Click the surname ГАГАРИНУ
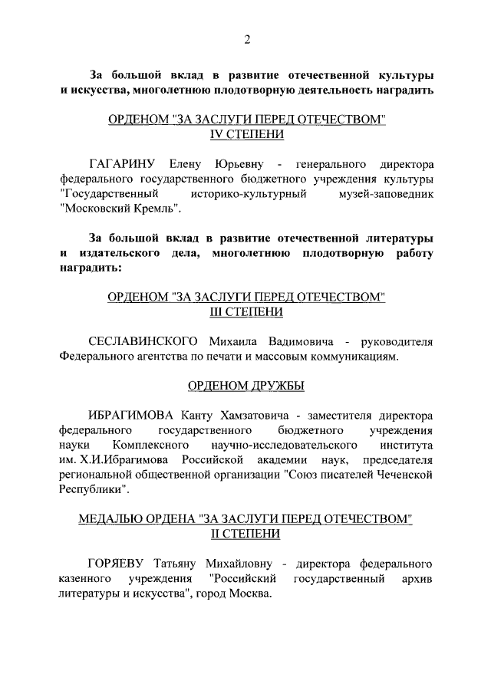click(x=123, y=163)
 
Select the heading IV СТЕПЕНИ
click(x=246, y=134)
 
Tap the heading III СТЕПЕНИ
click(x=246, y=312)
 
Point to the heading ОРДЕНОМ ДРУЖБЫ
click(x=246, y=386)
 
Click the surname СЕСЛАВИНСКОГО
click(x=144, y=341)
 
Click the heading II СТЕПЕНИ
click(x=246, y=534)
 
